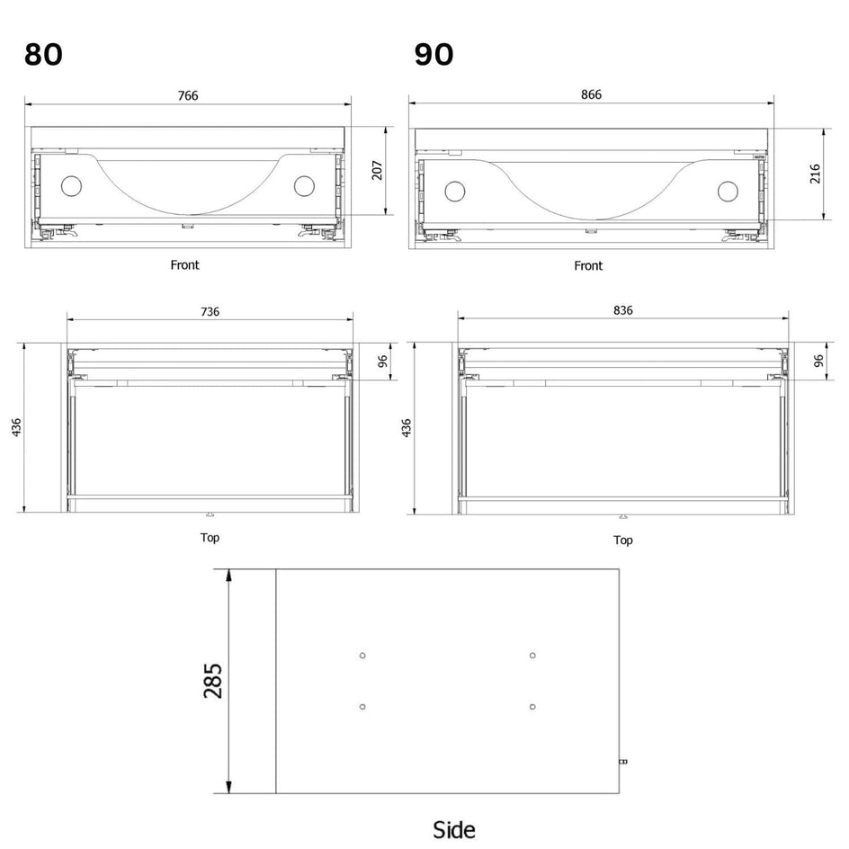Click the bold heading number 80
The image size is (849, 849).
[43, 55]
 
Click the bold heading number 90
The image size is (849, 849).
[433, 55]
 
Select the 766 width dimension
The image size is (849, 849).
[188, 96]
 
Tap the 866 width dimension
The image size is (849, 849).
[591, 94]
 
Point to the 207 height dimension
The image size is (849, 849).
[378, 170]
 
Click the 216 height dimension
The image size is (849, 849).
[815, 174]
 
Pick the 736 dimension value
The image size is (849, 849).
[210, 312]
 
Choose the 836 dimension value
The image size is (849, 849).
[623, 310]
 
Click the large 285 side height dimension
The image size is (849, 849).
[213, 681]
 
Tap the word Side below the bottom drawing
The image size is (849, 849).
[454, 830]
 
